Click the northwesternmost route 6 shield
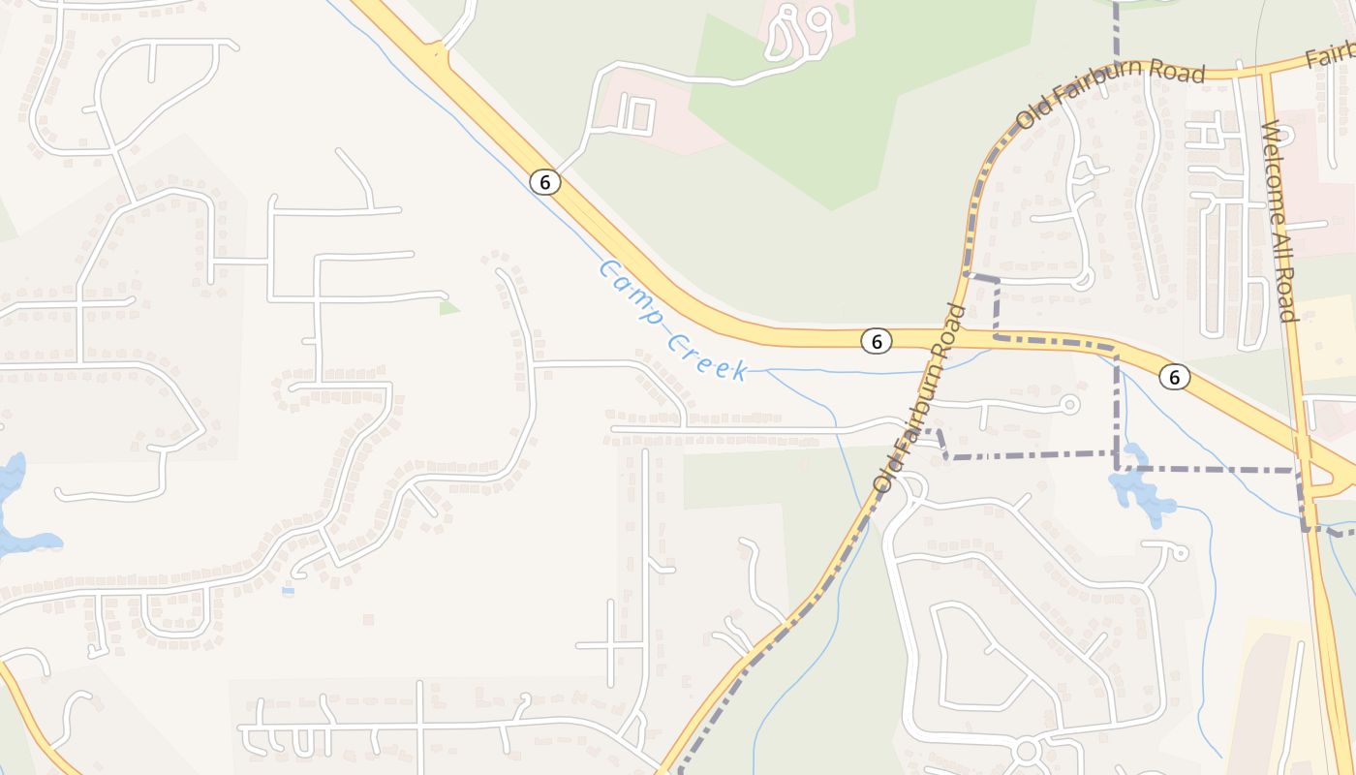(x=545, y=181)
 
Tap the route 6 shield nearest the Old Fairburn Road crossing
(x=876, y=341)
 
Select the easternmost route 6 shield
(x=1174, y=377)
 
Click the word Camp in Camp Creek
(x=633, y=291)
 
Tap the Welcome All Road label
(x=1279, y=221)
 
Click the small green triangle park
(x=448, y=308)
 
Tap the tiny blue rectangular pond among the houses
(x=288, y=590)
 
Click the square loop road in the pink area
(x=634, y=115)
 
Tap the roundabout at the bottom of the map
(x=1027, y=750)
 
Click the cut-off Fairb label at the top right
(x=1330, y=56)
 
